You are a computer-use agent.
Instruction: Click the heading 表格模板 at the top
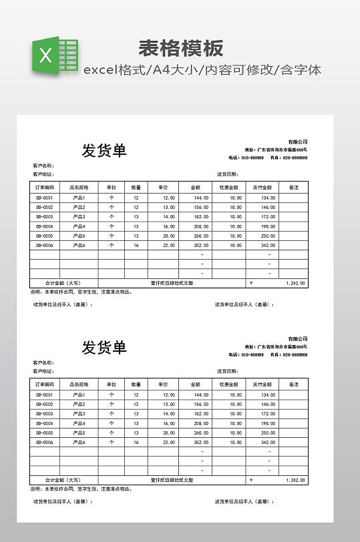(x=180, y=48)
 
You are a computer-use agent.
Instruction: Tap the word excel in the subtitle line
(x=100, y=69)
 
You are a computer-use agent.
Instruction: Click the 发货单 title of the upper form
(x=104, y=150)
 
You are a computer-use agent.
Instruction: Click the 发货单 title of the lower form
(x=104, y=347)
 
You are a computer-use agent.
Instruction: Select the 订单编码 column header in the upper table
(x=45, y=188)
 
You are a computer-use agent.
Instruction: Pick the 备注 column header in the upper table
(x=293, y=188)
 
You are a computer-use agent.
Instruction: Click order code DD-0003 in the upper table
(x=45, y=217)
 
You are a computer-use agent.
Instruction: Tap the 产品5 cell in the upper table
(x=79, y=236)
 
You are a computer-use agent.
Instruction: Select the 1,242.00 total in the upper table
(x=295, y=283)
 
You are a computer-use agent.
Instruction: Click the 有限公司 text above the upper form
(x=298, y=142)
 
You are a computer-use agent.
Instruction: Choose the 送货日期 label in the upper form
(x=227, y=174)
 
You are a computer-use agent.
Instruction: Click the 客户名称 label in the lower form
(x=43, y=363)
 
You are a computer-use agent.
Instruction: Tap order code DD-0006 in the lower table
(x=45, y=442)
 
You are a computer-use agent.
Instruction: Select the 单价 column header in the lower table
(x=163, y=384)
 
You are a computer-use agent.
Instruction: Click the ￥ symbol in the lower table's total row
(x=250, y=480)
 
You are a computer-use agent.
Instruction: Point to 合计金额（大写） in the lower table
(x=63, y=480)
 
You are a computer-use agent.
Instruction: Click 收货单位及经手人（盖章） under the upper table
(x=63, y=304)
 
